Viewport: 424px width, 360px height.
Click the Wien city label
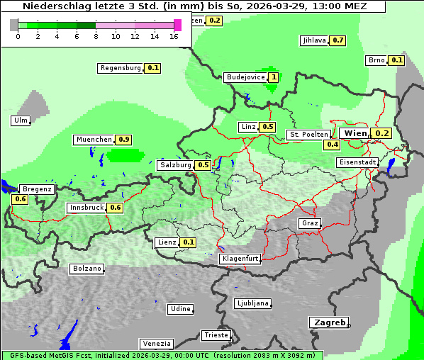tap(355, 133)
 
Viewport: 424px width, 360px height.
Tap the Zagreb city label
tap(328, 322)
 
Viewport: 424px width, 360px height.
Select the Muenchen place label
tap(94, 140)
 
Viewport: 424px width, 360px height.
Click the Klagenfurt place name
tap(240, 259)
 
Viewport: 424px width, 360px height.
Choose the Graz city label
tap(309, 223)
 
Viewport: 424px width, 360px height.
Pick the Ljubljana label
tap(252, 303)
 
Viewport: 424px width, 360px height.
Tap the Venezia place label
tap(155, 343)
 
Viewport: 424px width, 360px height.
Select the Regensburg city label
tap(121, 68)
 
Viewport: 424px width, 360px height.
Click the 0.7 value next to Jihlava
tap(338, 40)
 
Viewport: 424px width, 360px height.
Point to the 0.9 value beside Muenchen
tap(125, 140)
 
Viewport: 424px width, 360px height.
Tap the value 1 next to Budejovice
tap(273, 77)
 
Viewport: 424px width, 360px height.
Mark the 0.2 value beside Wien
tap(382, 133)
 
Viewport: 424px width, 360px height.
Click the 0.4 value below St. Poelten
tap(332, 145)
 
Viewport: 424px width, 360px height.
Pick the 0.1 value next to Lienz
tap(188, 242)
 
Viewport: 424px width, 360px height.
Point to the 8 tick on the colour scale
tap(96, 36)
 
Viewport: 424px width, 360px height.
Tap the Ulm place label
tap(21, 120)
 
